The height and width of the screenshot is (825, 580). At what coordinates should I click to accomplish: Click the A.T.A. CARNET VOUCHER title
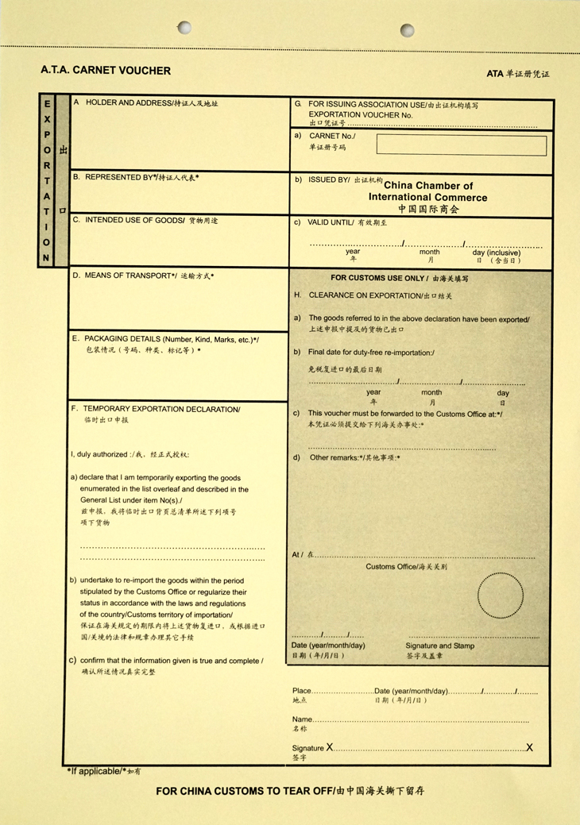(x=106, y=71)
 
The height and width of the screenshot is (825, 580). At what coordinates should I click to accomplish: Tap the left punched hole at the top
(x=184, y=29)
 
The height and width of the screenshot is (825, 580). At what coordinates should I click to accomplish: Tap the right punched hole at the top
(x=407, y=30)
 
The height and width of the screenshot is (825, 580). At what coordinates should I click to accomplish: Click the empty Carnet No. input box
(x=461, y=145)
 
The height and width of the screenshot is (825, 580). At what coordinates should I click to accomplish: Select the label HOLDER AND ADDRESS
(x=128, y=103)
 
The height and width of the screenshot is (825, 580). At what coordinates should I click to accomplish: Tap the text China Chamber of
(x=428, y=186)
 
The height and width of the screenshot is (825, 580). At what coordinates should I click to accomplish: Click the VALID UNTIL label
(x=327, y=222)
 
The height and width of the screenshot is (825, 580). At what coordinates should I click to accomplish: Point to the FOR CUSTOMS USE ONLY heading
(x=377, y=279)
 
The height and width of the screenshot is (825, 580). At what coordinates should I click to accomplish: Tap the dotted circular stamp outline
(x=501, y=596)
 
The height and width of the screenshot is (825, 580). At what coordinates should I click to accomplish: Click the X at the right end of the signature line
(x=529, y=748)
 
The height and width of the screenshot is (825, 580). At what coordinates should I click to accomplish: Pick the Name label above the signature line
(x=303, y=719)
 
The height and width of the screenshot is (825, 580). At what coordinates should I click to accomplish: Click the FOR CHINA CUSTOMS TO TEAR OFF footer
(x=245, y=792)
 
